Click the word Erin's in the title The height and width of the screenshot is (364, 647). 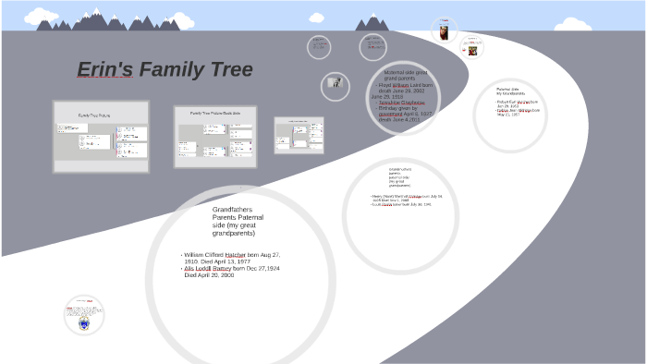105,70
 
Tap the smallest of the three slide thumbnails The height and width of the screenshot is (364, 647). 299,135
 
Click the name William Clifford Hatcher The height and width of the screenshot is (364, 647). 215,254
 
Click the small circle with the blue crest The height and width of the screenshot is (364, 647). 83,315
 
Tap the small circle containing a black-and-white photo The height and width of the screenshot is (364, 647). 336,86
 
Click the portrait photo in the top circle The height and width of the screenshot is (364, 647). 444,30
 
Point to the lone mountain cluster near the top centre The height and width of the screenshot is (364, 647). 372,22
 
